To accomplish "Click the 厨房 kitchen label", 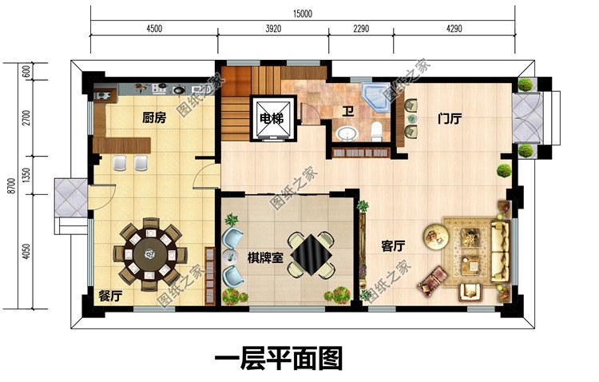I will click(x=154, y=118).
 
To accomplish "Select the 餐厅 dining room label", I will click(x=110, y=296).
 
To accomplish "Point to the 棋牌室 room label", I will click(x=264, y=259).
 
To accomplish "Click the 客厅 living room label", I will click(x=392, y=247).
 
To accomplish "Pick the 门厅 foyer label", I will click(x=450, y=118).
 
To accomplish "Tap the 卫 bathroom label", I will click(x=348, y=113).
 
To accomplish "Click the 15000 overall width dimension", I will click(x=302, y=14).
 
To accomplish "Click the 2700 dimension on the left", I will click(x=26, y=118).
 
